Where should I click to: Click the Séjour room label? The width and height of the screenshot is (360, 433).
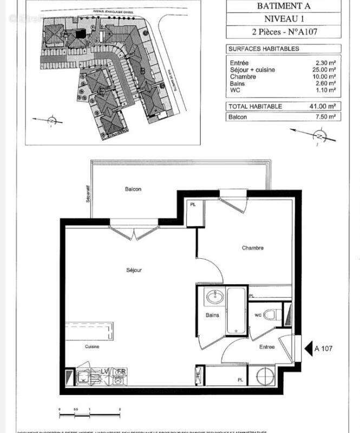point(134,270)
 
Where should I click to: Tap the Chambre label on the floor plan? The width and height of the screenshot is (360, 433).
point(253,248)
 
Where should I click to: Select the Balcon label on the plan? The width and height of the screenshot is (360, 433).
point(133,189)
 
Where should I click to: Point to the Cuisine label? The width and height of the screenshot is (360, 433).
point(91,346)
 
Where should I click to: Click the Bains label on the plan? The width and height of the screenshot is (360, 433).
point(212,315)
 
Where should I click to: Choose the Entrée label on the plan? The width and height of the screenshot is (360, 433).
point(266,347)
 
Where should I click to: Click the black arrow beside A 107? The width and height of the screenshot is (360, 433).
point(308,348)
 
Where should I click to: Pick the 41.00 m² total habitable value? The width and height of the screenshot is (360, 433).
point(323,106)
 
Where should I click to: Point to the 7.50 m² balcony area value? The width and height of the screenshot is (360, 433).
point(325,116)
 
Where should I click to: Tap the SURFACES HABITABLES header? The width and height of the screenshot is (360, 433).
point(264,49)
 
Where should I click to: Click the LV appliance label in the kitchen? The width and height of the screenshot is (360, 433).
point(104,371)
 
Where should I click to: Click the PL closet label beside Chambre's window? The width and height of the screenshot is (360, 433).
point(193,205)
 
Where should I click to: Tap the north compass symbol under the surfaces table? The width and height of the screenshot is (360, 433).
point(319,137)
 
